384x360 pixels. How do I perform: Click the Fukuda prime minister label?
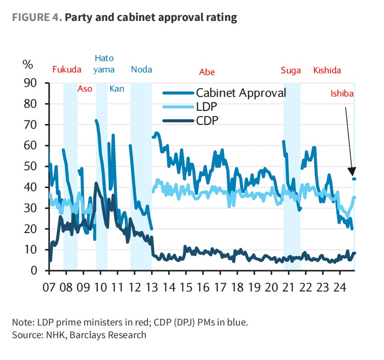(67, 70)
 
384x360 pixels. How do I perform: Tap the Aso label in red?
(85, 89)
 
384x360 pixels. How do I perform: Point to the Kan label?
(117, 89)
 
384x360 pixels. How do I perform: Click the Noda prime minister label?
(141, 70)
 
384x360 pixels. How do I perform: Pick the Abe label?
(207, 72)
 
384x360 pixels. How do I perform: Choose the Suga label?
(291, 70)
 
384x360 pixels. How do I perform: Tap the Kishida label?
(327, 70)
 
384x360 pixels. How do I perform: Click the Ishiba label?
(342, 93)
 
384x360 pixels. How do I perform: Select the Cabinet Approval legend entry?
(241, 93)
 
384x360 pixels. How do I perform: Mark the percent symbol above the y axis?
(28, 65)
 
